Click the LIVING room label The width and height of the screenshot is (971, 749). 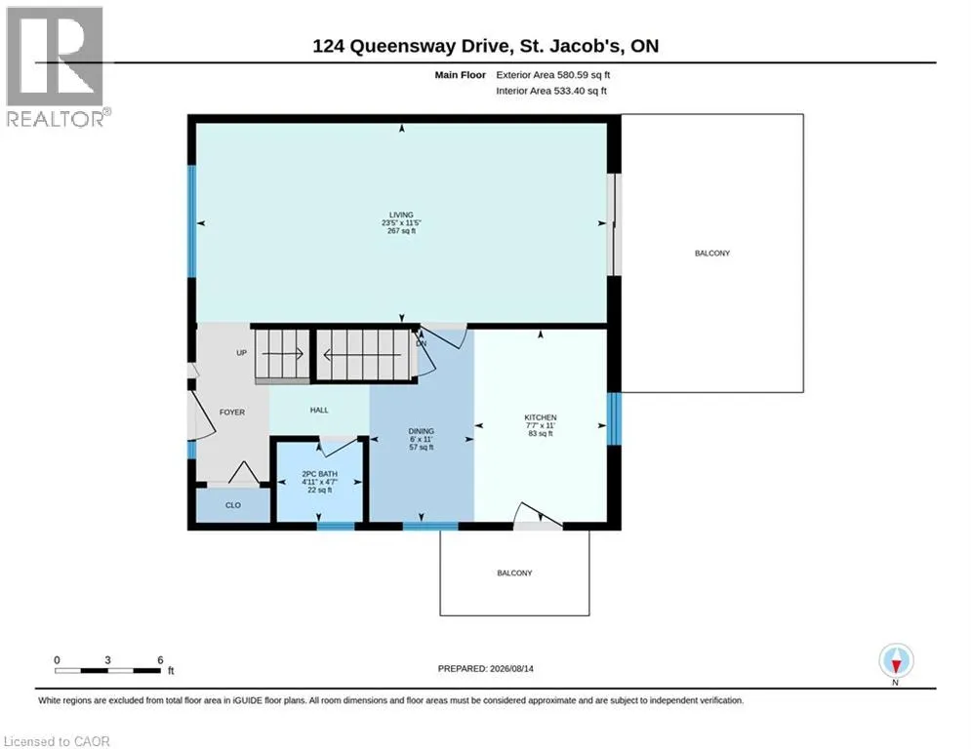tap(401, 215)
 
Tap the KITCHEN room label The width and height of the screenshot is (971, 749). tap(541, 417)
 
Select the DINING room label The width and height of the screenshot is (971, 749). tap(422, 431)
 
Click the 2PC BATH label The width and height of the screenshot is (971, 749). tap(319, 474)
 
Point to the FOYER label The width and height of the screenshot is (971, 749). tap(232, 413)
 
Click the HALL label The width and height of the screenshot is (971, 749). tap(319, 410)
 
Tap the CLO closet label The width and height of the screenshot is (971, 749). tap(233, 505)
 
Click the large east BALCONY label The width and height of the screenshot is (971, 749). tap(712, 254)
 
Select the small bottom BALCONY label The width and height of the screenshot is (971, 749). tap(514, 573)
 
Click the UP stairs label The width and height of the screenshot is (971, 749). tap(241, 353)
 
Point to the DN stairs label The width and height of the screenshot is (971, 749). tap(422, 343)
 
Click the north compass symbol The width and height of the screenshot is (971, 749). tap(896, 661)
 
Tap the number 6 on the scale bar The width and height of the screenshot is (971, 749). tap(160, 660)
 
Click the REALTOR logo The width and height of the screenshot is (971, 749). tap(56, 67)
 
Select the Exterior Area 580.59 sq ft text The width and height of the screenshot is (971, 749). tap(553, 75)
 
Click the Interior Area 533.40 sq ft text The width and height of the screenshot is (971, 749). tap(551, 91)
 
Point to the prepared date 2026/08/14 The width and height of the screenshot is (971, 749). tap(511, 668)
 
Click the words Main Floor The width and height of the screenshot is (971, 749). tap(460, 75)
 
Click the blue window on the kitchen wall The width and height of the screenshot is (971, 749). tap(614, 419)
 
